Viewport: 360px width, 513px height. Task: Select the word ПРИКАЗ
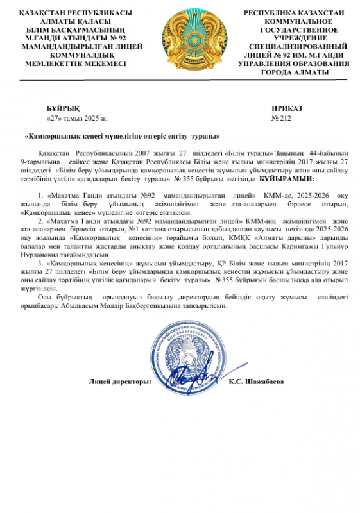click(286, 109)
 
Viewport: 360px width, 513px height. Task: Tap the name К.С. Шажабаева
click(256, 382)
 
